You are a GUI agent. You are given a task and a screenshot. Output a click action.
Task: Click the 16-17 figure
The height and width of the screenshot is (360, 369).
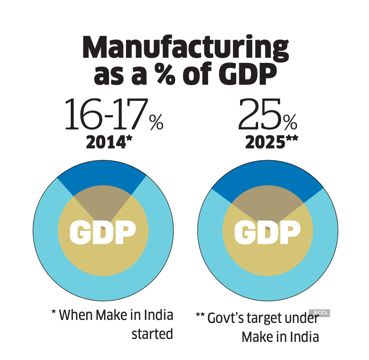(105, 115)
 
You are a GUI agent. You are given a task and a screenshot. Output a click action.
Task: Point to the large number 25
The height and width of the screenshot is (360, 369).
(259, 115)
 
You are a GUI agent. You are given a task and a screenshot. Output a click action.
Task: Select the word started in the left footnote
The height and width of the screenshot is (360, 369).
(152, 334)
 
